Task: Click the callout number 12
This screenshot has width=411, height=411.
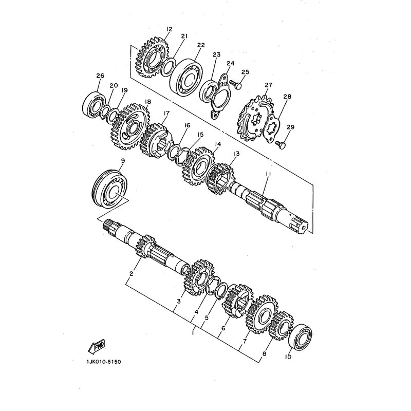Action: (170, 29)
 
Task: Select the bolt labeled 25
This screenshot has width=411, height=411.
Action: (235, 84)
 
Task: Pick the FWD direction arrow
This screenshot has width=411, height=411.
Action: (97, 346)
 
